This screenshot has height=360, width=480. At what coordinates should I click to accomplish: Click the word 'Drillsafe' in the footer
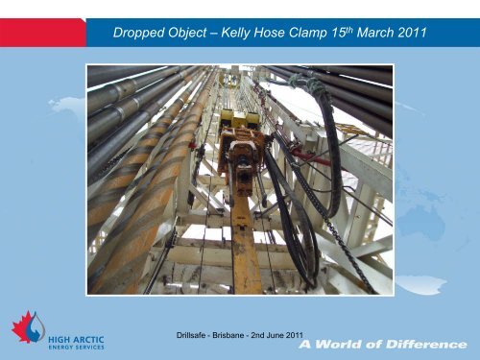[185, 333]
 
